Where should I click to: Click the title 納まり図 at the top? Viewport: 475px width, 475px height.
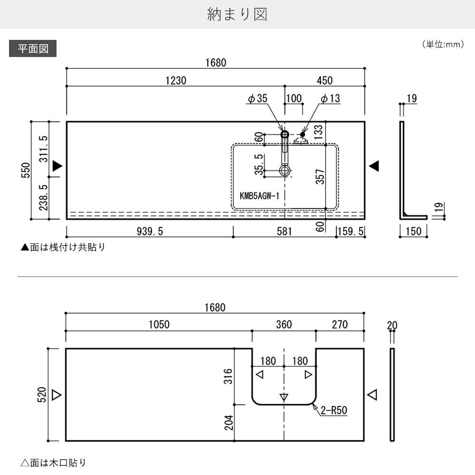237,15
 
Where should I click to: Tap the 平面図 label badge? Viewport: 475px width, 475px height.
33,48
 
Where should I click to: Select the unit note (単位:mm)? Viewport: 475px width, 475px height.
442,44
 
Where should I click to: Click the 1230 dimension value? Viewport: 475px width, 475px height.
176,81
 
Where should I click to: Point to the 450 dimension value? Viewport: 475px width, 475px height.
324,81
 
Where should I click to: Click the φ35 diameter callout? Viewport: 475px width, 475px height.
258,99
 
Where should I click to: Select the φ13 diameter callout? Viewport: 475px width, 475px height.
330,99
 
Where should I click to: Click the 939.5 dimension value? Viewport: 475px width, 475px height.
150,231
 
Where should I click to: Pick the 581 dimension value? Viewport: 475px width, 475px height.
284,231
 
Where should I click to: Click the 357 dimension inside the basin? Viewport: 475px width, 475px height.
320,177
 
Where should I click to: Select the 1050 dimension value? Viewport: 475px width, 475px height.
159,325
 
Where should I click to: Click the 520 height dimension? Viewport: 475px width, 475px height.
42,395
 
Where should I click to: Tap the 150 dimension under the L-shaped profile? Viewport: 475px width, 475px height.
414,231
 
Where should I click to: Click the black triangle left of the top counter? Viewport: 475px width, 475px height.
57,166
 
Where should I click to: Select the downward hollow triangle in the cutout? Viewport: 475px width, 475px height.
284,397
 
